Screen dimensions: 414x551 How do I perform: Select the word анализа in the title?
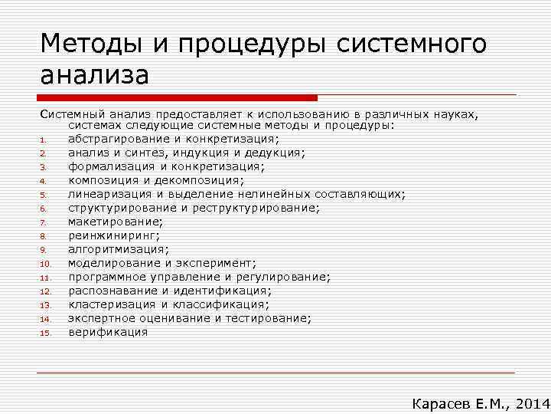click(94, 77)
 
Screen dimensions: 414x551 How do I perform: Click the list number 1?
click(44, 140)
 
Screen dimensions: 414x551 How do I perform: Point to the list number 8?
click(44, 236)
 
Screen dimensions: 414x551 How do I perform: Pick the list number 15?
click(45, 333)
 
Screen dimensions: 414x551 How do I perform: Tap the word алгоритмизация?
click(116, 249)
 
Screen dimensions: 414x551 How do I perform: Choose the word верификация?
click(108, 332)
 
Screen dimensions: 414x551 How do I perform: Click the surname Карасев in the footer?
click(443, 403)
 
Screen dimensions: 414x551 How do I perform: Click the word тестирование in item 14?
click(267, 318)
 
